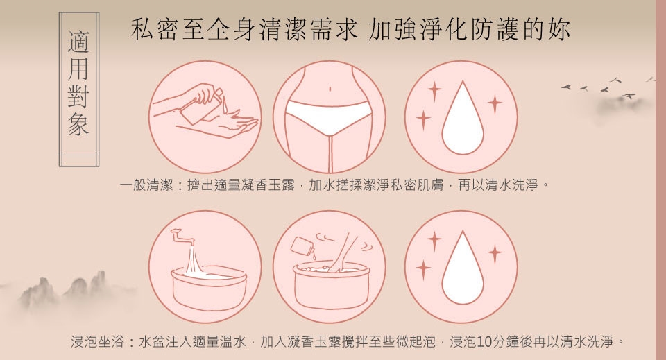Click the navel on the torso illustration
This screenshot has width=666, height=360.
pos(330,89)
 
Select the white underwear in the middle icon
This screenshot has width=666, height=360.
pos(329,117)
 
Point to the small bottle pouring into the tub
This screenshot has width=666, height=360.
pos(302,246)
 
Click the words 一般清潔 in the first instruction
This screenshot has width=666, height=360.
pos(146,185)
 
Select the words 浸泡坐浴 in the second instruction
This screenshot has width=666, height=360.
pos(97,341)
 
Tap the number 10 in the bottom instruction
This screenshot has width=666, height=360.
pos(485,341)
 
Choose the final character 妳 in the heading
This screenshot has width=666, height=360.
pos(558,29)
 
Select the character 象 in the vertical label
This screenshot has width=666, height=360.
pos(78,124)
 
